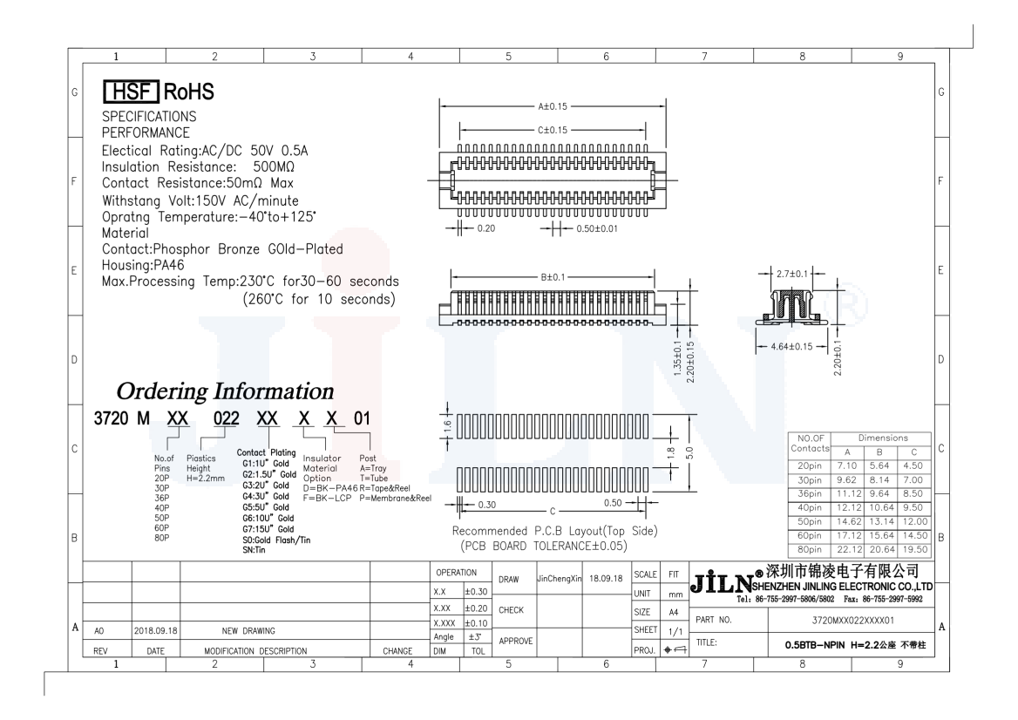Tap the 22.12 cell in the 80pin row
pyautogui.click(x=849, y=549)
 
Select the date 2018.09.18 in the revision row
pyautogui.click(x=155, y=630)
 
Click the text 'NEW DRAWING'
pyautogui.click(x=237, y=630)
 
